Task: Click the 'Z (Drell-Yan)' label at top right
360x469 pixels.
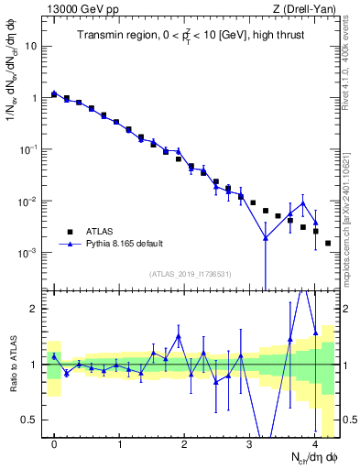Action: click(308, 9)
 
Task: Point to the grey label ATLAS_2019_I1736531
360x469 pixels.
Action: click(189, 274)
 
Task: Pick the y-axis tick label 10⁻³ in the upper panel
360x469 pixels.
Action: click(30, 252)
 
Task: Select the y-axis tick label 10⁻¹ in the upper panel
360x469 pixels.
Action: click(30, 148)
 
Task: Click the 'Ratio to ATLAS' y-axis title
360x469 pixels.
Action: click(12, 363)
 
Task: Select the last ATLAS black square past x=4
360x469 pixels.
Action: click(328, 244)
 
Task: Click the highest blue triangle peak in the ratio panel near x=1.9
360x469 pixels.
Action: click(179, 337)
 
